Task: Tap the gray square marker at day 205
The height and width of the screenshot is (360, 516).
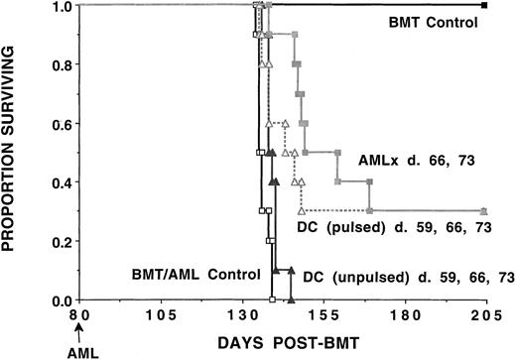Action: point(483,212)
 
